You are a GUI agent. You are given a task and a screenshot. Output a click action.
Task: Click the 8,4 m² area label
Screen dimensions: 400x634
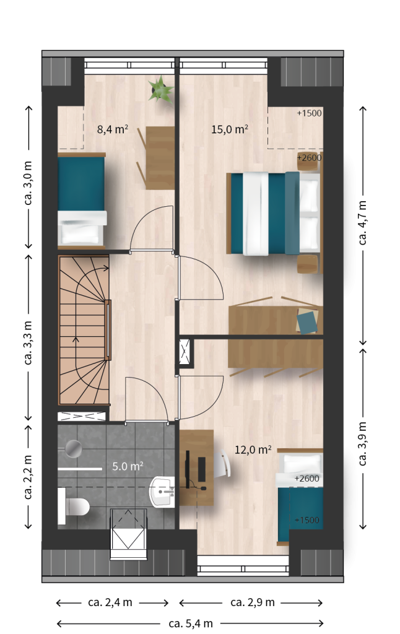(113, 129)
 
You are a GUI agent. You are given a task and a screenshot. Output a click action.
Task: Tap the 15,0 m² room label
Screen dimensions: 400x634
(229, 129)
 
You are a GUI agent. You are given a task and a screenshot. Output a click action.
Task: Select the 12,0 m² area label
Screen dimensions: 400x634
(253, 449)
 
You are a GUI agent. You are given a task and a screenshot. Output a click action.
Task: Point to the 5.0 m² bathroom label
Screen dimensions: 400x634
(128, 466)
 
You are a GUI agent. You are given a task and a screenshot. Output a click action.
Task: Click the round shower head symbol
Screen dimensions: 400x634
(74, 448)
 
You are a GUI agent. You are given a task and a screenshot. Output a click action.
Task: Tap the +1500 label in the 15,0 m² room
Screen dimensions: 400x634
(310, 113)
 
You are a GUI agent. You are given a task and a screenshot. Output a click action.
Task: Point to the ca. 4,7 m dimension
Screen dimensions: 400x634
(363, 223)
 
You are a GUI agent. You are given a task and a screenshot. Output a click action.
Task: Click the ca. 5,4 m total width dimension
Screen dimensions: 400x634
(191, 623)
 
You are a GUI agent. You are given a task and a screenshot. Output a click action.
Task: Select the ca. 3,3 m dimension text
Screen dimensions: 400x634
(28, 342)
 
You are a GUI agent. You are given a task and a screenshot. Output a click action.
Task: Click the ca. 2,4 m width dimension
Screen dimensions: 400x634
(110, 602)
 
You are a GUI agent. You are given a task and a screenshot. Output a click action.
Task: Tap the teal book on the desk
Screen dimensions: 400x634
(307, 322)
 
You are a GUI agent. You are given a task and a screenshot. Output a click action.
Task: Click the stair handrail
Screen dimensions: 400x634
(108, 330)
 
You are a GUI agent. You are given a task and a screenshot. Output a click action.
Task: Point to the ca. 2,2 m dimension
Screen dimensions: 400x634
(28, 477)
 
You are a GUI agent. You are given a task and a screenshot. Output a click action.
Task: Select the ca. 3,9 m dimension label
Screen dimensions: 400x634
(363, 443)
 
